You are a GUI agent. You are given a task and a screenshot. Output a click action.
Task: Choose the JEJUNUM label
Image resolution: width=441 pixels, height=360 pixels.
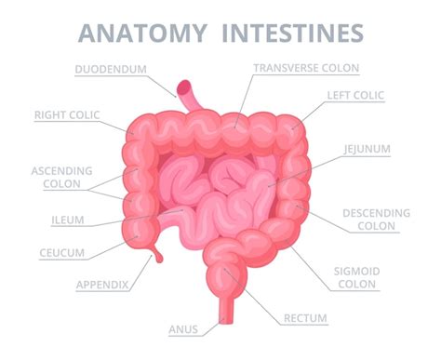pos(363,148)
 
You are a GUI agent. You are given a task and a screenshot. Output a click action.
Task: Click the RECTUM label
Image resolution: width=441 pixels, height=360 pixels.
pos(307,319)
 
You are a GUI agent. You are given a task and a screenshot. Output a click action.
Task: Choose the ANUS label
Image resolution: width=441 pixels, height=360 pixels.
pos(182,328)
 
